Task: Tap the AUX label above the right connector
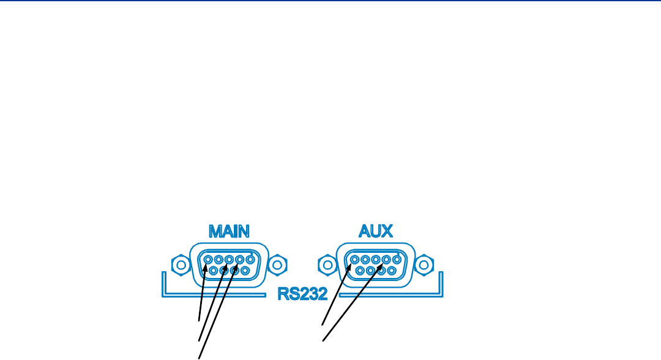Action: (x=376, y=231)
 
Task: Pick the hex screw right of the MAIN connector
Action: (x=278, y=264)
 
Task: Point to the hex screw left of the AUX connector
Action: (x=327, y=264)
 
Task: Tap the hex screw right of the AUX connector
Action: (x=425, y=264)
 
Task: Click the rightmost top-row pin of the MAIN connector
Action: (x=249, y=260)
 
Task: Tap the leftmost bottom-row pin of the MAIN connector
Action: (x=214, y=270)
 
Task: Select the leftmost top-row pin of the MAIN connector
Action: (x=208, y=260)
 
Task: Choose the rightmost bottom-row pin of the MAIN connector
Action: (x=244, y=270)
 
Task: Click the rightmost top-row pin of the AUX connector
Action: (x=397, y=260)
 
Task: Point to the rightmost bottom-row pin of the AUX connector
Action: (x=392, y=270)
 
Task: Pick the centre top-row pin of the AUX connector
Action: (x=376, y=260)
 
